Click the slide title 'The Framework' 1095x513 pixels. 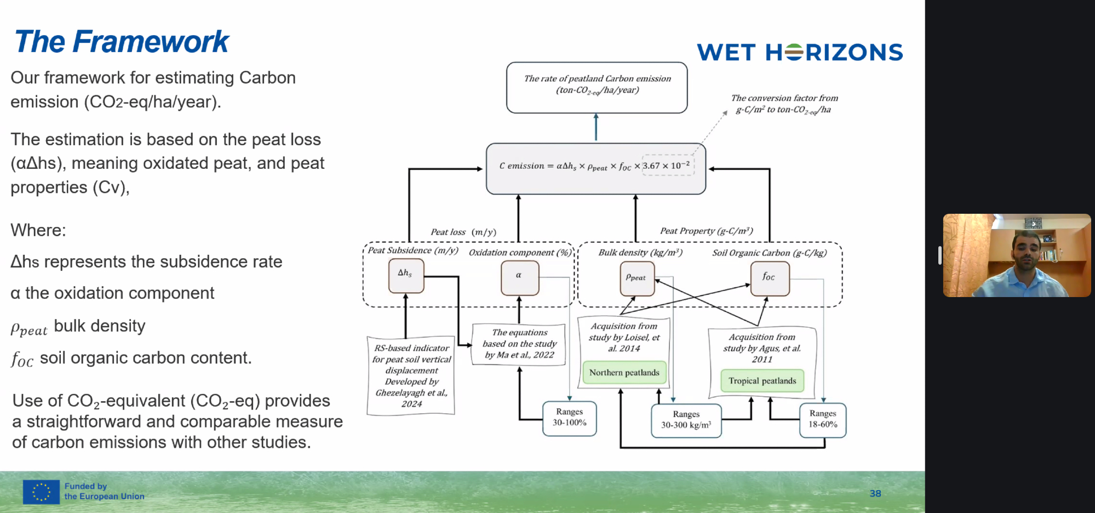(121, 42)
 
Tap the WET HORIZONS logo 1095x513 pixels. (799, 53)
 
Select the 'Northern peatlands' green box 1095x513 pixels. (624, 373)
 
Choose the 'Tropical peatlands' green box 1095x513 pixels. (762, 381)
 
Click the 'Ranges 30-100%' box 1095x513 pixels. (569, 418)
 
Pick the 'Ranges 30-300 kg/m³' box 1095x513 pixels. (686, 420)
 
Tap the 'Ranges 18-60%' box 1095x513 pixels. (823, 420)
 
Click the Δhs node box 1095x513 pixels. (406, 275)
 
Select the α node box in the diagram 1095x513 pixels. (519, 277)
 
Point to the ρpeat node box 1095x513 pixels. (637, 278)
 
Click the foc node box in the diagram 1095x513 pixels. (769, 278)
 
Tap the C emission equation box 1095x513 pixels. (595, 168)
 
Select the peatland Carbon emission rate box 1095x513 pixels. (597, 87)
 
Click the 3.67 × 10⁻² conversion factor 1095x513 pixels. (668, 166)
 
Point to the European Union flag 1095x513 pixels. (41, 492)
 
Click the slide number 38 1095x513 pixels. (875, 493)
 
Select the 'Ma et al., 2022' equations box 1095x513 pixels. (519, 344)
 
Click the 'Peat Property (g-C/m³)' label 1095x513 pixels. (706, 231)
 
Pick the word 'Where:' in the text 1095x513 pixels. (38, 230)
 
